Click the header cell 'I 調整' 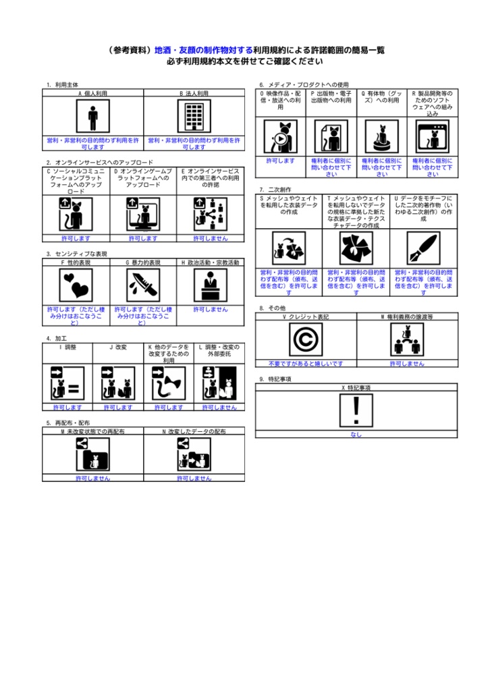coord(67,347)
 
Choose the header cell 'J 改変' coord(118,347)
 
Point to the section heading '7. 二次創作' coord(275,190)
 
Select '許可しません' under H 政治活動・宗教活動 coord(211,308)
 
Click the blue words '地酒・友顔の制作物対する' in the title coord(203,50)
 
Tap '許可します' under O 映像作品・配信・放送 coord(281,161)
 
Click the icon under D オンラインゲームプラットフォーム coord(143,214)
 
